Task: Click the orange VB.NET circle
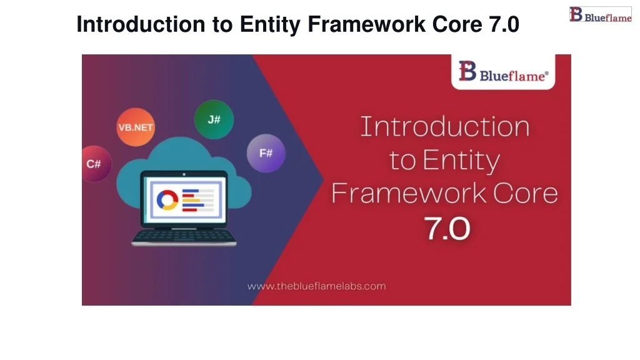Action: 136,127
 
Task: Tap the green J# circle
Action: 214,119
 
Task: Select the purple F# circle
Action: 266,152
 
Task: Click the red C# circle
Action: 94,163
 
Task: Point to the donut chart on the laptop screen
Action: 167,199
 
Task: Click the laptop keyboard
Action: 184,236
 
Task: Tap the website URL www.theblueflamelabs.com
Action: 316,286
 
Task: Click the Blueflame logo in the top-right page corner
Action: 600,15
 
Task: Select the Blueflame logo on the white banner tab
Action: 503,72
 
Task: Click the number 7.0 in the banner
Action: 447,229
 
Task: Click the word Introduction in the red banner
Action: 444,127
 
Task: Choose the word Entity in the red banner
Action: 461,161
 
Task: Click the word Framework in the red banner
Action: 408,193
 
